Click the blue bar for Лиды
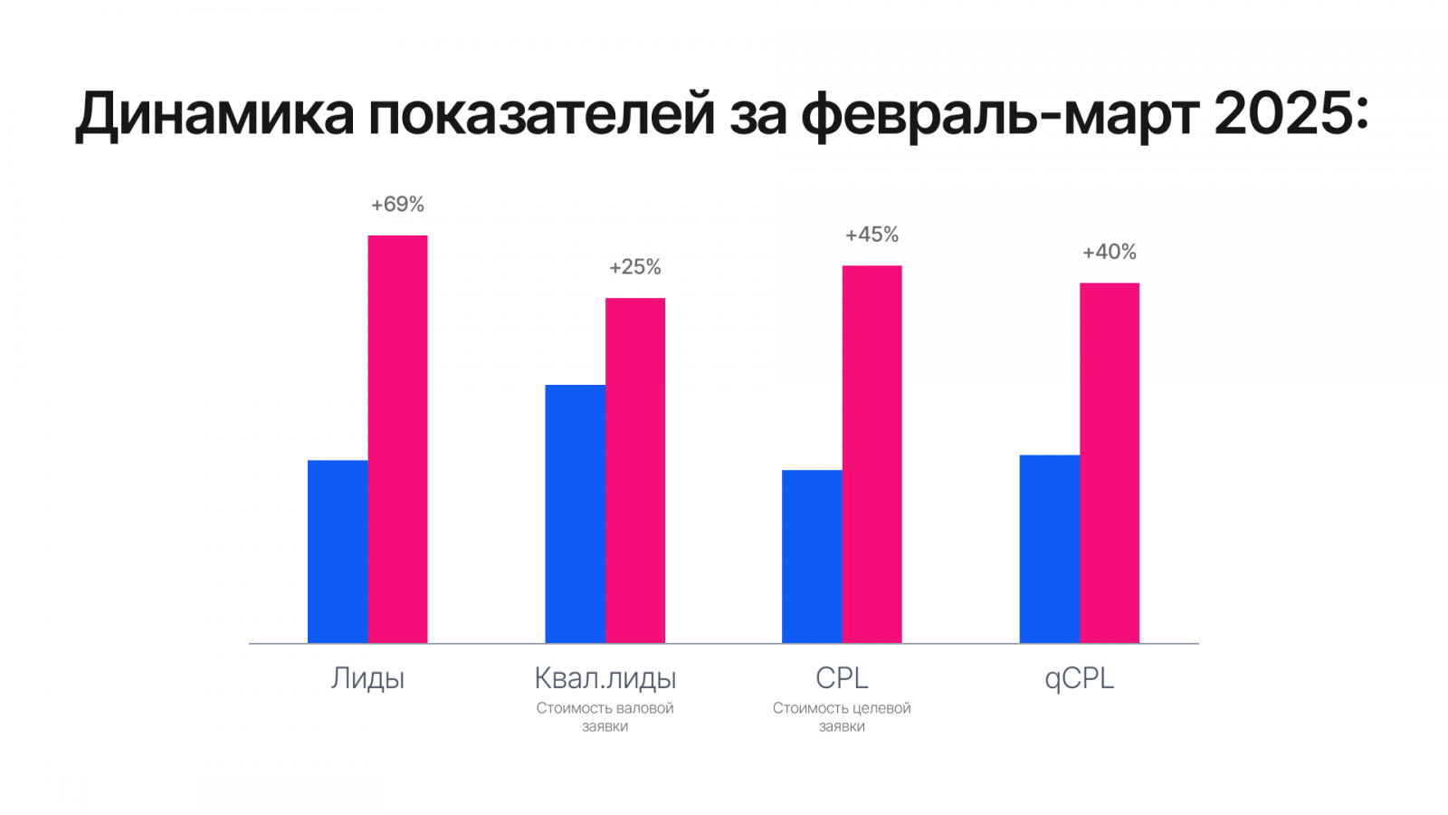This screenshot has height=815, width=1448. pos(338,551)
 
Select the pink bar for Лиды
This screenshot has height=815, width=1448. pos(397,439)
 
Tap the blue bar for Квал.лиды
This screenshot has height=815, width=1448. pos(575,513)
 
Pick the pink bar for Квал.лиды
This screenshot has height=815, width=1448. pos(634,470)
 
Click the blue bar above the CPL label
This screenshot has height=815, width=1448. pos(812,556)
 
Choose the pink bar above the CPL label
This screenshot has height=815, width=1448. pos(872,454)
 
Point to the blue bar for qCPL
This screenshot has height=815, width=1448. pos(1049,549)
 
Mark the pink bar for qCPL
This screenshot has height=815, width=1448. pos(1109,463)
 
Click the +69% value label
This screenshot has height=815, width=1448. pos(397,205)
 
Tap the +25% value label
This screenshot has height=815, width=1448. pos(634,267)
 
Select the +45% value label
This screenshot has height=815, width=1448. pos(872,235)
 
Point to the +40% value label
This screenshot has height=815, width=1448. pos(1109,253)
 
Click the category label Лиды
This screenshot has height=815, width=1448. pos(367,678)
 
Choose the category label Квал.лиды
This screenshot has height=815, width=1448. pos(605,678)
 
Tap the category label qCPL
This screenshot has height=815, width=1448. pos(1079,678)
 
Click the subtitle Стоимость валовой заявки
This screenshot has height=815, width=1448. pos(605,717)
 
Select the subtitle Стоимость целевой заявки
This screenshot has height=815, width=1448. pos(842,717)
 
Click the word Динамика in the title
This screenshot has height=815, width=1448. pos(214,116)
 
